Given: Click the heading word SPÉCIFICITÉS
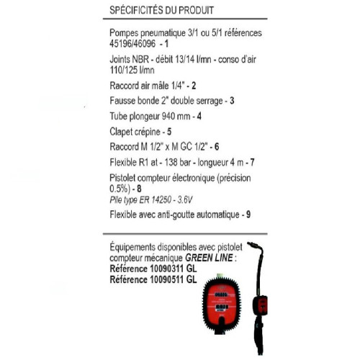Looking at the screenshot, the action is point(136,10).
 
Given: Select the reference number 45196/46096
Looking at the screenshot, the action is point(132,44).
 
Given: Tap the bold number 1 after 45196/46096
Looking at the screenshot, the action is point(166,44).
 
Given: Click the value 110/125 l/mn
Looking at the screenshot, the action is point(132,70).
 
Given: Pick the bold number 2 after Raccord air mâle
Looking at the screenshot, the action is point(194,86).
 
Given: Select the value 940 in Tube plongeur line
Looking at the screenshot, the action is point(168,116).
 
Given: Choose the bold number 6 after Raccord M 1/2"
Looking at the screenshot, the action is point(217,147).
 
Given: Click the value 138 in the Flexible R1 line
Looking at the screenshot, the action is point(171,163).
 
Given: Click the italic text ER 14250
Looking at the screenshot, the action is point(156,199).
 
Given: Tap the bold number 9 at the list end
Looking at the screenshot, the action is point(248,215).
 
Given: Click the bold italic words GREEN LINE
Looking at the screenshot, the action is point(209,258).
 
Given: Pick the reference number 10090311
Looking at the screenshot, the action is point(167,269).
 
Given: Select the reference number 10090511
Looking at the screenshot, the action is point(167,279).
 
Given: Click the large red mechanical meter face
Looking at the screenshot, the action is point(221,305).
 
